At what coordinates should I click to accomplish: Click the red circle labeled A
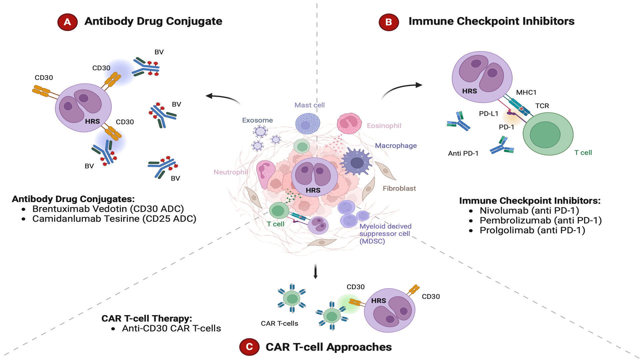point(67,22)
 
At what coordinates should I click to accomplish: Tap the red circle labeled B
point(389,22)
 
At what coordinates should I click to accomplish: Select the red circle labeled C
point(249,347)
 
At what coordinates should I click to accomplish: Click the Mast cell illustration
point(308,123)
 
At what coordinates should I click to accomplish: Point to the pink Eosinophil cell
point(349,123)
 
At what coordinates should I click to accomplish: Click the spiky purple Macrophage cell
point(356,162)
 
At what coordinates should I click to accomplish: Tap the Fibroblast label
point(399,188)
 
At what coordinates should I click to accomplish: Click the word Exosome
point(257,120)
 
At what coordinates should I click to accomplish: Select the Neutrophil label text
point(231,172)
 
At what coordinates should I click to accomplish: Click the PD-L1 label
point(488,114)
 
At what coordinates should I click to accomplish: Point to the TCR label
point(542,106)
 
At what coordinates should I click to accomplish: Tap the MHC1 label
point(526,92)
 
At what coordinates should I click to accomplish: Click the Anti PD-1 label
point(463,153)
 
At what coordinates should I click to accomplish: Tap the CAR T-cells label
point(279,323)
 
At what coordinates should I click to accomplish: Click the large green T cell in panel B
point(548,134)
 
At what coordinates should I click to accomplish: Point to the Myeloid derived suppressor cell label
point(385,234)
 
